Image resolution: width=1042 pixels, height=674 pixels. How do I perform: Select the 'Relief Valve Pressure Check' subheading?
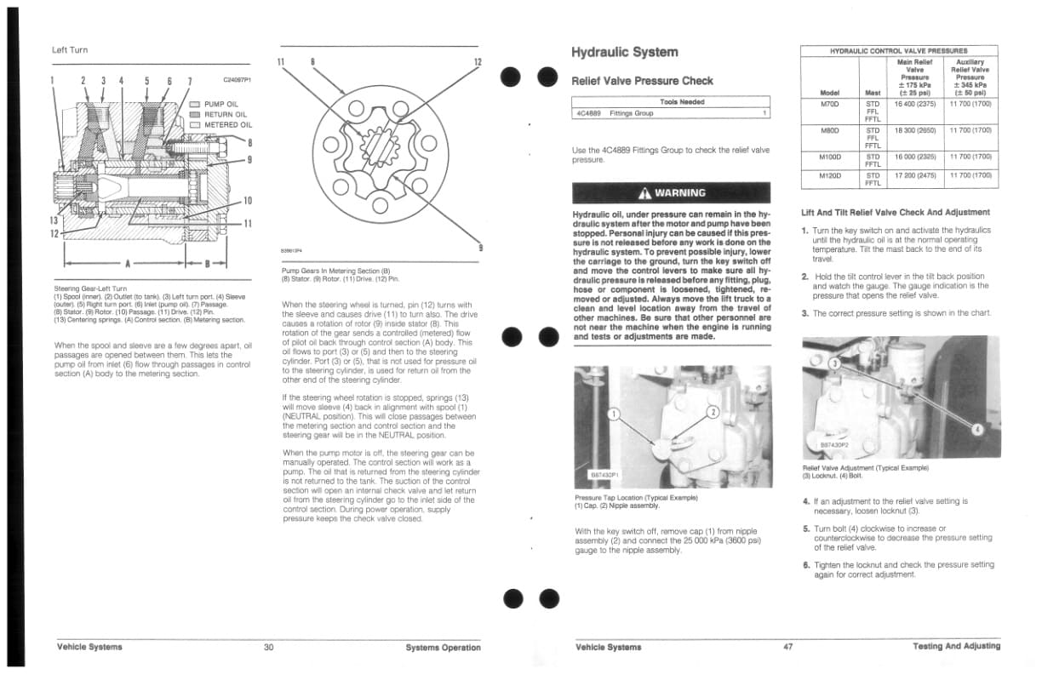pyautogui.click(x=642, y=81)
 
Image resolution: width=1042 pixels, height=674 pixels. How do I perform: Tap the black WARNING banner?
pyautogui.click(x=671, y=192)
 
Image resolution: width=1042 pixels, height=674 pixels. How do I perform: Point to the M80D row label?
pyautogui.click(x=829, y=131)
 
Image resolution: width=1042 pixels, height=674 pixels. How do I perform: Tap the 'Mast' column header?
pyautogui.click(x=872, y=92)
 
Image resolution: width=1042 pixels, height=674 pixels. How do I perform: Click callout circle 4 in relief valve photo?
pyautogui.click(x=977, y=429)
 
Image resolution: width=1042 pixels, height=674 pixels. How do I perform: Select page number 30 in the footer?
pyautogui.click(x=268, y=647)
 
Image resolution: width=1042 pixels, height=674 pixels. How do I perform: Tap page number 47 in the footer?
pyautogui.click(x=787, y=647)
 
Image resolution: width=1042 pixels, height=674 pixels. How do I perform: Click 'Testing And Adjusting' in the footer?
pyautogui.click(x=956, y=647)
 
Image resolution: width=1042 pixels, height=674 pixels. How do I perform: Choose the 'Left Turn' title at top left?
pyautogui.click(x=70, y=50)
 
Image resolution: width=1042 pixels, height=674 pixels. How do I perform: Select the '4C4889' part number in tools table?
pyautogui.click(x=588, y=113)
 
